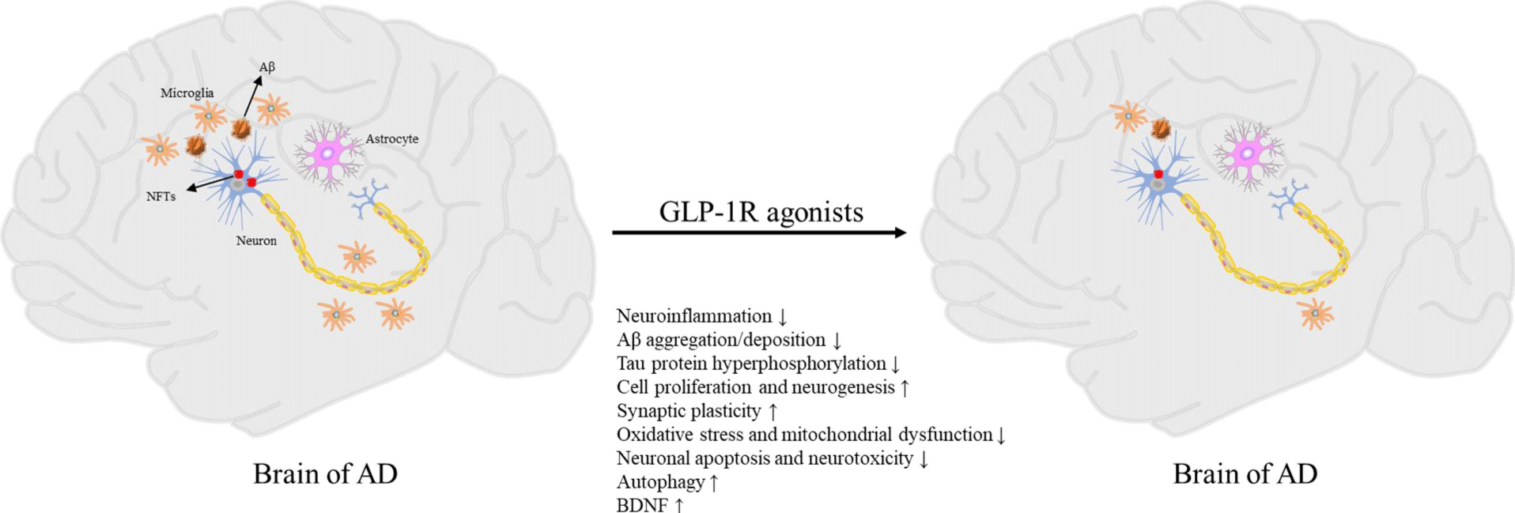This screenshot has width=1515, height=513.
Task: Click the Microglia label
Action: coord(187,93)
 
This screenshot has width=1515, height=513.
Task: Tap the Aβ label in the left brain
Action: coord(267,67)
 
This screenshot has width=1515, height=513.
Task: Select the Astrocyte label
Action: coord(391,139)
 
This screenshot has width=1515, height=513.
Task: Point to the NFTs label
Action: coord(161,197)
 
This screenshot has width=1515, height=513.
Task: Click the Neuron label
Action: coord(256,241)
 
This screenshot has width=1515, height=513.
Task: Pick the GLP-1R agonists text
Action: coord(761,212)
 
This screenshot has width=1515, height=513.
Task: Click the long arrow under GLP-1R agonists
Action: coord(759,232)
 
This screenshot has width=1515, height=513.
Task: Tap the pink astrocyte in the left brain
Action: coord(328,153)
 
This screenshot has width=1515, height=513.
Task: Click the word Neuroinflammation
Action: coord(693,316)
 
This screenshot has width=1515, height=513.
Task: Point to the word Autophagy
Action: coord(660,482)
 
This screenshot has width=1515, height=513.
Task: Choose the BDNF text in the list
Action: coord(642,505)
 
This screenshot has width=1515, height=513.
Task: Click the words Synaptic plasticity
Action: coord(688,411)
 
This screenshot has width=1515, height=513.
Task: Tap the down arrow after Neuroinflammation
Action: coord(783,317)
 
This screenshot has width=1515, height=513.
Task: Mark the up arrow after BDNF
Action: coord(679,505)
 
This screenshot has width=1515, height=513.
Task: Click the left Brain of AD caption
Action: coord(325,473)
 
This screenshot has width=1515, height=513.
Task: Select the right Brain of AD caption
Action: coord(1245,473)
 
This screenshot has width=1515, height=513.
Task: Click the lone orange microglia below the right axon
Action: coord(1316,314)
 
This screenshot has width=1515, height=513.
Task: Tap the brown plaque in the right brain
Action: coord(1160,129)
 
